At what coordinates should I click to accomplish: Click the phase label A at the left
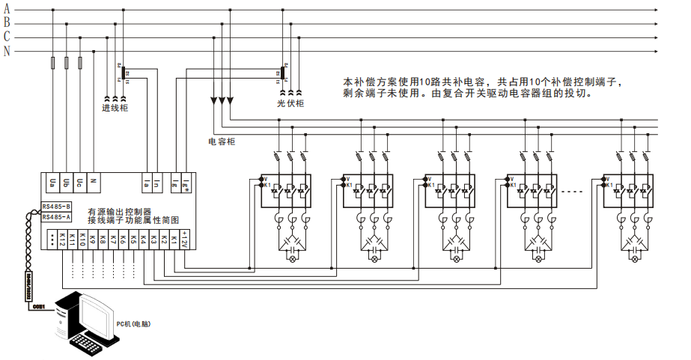point(7,9)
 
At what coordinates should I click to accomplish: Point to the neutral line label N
point(7,51)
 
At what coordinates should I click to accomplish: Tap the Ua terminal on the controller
point(53,180)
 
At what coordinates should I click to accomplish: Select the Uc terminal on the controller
point(80,180)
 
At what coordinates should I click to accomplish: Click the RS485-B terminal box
point(57,205)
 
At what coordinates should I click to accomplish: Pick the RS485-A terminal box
point(57,217)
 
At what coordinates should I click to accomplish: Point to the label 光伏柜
point(290,103)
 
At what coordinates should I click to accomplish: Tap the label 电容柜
point(222,140)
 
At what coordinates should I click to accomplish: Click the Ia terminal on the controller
point(147,180)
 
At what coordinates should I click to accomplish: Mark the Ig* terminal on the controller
point(186,180)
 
